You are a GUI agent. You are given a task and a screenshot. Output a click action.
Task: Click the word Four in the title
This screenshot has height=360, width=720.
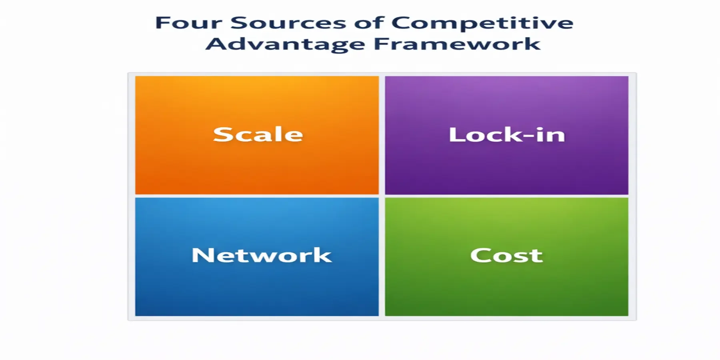coord(188,23)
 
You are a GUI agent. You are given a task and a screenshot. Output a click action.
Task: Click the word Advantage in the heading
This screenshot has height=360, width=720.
coord(285,44)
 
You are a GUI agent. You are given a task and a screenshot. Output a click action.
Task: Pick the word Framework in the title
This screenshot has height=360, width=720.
coord(457,44)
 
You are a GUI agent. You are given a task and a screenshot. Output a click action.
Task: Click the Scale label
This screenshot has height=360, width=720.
coord(258,134)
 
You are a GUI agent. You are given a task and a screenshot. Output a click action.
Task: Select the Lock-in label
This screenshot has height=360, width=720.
coord(507,135)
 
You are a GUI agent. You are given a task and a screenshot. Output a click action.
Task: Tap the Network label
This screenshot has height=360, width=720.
coord(262,256)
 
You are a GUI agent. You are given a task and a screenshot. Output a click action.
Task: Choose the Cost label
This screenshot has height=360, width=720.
coord(506,256)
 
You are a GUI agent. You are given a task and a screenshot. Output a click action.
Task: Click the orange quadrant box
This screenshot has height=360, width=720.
coord(257,168)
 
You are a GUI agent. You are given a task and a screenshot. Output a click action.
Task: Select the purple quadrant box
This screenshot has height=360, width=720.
coord(506,168)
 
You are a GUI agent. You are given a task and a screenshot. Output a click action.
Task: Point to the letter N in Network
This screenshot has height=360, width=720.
coord(202,255)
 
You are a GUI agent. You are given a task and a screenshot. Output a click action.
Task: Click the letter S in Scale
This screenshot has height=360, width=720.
coord(222,134)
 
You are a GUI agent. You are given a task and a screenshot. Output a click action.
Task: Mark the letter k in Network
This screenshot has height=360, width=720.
coord(322,255)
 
